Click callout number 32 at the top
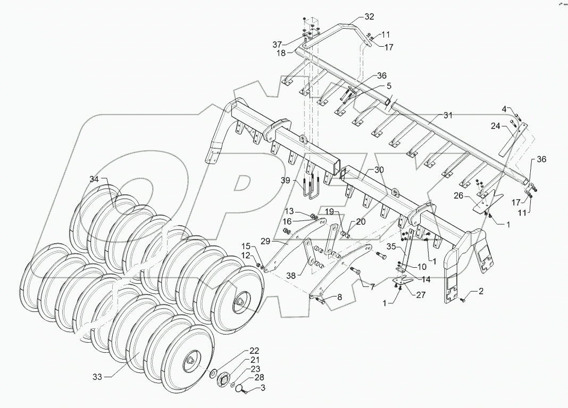pyautogui.click(x=369, y=16)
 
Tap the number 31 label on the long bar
pyautogui.click(x=448, y=115)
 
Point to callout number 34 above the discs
pyautogui.click(x=94, y=180)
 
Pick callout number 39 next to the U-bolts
pyautogui.click(x=286, y=181)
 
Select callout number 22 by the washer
pyautogui.click(x=254, y=351)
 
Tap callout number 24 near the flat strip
pyautogui.click(x=495, y=126)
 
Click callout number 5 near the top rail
pyautogui.click(x=388, y=86)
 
